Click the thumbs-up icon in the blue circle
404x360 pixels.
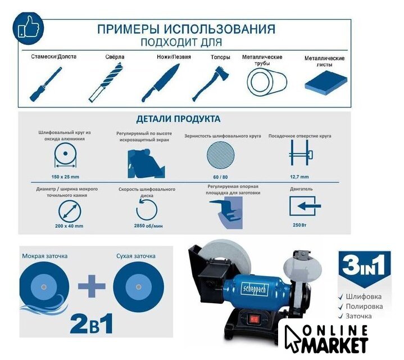28,28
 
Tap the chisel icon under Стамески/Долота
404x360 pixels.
46,84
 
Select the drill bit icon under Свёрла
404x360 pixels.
106,83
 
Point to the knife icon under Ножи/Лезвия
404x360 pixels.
160,83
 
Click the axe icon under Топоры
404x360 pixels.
211,84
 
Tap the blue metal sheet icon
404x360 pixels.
326,84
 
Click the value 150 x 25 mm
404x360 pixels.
65,177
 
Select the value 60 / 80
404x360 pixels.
221,177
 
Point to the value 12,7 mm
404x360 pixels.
299,177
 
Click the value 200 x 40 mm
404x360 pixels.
69,226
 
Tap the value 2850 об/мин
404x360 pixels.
148,226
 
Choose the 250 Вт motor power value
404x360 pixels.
299,225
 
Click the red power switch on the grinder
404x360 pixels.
253,319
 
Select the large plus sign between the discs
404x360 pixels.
92,286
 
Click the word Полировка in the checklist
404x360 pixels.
364,307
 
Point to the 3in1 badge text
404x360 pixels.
364,264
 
